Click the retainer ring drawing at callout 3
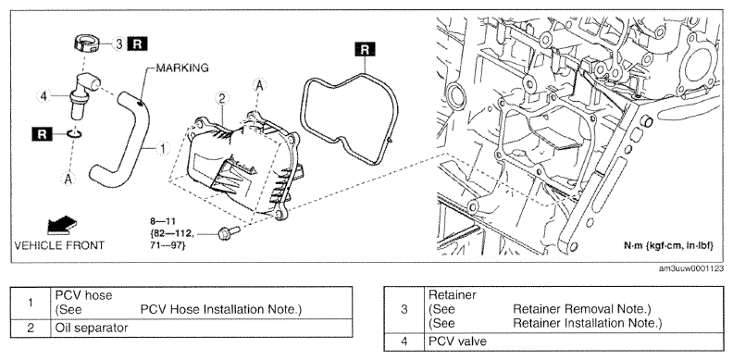87,43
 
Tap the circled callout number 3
119,44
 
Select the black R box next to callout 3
137,43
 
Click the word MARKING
182,68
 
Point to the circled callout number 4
43,96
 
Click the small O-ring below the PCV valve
74,134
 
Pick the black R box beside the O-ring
42,134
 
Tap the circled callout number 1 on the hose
162,149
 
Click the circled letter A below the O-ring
68,179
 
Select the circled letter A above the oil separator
259,85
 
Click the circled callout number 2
221,99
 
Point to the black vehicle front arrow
62,226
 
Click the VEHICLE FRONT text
59,245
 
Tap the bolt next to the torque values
229,232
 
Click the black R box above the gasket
365,49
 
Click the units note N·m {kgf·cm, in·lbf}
669,246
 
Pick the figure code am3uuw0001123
691,268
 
